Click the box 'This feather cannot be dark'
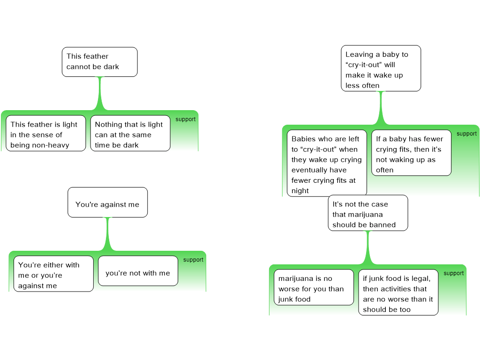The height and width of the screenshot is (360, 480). (x=99, y=62)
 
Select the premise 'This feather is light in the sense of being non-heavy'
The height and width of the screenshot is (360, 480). (x=45, y=133)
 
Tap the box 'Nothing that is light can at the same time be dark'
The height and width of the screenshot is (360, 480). (x=130, y=133)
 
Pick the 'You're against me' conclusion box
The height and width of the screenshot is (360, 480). (x=107, y=202)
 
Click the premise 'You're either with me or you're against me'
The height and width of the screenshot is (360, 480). (x=53, y=274)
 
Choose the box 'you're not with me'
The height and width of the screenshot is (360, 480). (x=138, y=271)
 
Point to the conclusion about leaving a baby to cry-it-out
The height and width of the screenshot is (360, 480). (x=381, y=68)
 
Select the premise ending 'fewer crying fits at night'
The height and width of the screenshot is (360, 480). (x=327, y=163)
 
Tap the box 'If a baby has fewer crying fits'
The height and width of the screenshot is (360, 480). (x=412, y=153)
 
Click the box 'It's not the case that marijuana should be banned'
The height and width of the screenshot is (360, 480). (x=368, y=213)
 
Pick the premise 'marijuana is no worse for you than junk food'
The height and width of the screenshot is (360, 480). (x=314, y=287)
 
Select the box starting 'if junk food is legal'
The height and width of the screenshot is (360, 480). (x=398, y=292)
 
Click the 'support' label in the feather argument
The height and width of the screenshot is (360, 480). (x=186, y=119)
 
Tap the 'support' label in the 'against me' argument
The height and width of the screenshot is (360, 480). (x=193, y=260)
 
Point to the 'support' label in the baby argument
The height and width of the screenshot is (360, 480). (x=466, y=134)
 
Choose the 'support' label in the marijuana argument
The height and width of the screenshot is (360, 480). (x=454, y=273)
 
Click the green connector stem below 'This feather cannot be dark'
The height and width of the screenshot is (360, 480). (x=100, y=93)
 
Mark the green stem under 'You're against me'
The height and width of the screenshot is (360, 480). (x=108, y=234)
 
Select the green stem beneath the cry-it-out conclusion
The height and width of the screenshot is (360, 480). (x=381, y=108)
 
